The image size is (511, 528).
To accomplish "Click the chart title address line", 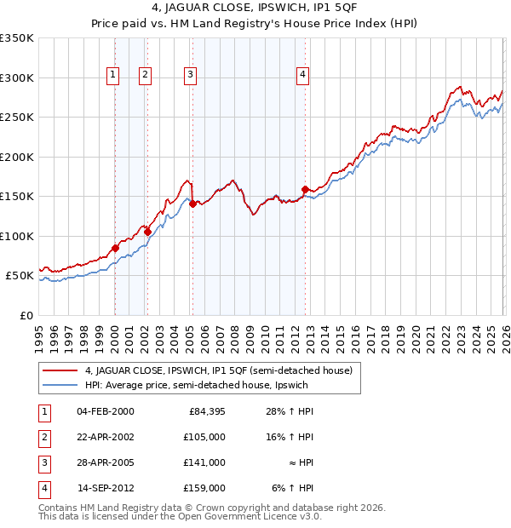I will point(255,9).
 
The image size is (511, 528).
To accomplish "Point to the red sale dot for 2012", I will point(305,189).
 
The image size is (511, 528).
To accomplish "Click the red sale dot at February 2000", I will point(115,249).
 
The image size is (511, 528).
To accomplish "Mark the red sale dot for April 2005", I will point(192,204).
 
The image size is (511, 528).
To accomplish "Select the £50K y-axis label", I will point(20,276).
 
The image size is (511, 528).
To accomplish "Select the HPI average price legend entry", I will point(201,386).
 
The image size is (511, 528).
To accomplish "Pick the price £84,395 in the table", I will point(206,411).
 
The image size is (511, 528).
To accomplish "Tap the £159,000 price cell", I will point(206,488).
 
